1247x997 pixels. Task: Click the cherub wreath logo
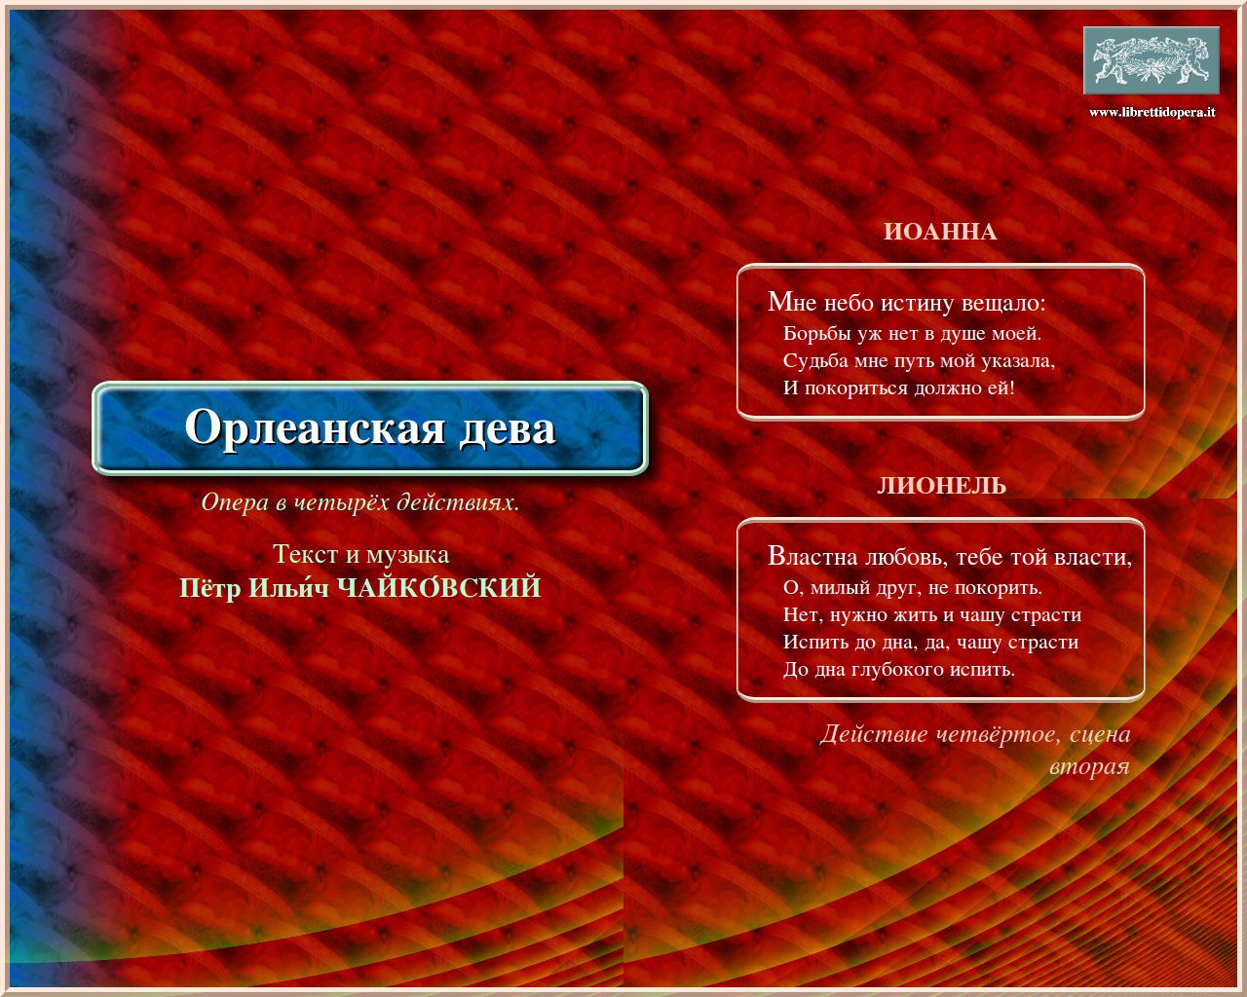coord(1152,60)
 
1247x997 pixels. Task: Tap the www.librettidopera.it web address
coord(1152,112)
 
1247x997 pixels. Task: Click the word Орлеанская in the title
coord(315,427)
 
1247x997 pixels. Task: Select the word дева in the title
coord(508,429)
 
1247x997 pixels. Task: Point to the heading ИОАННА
coord(940,232)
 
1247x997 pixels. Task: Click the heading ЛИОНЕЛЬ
coord(942,486)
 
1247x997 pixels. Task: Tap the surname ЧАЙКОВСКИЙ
coord(438,587)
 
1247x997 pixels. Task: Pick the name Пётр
coord(209,588)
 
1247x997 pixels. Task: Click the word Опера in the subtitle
coord(235,502)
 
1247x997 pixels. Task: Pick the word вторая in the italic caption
coord(1089,767)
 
